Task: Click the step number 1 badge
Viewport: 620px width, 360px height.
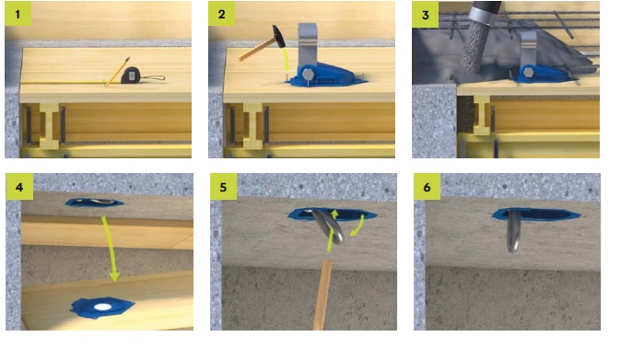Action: [18, 14]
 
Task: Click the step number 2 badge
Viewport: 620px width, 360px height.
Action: [222, 14]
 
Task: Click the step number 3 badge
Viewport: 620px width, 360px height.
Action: [426, 14]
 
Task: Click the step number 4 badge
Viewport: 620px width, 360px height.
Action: [19, 186]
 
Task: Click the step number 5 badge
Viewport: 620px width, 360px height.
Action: [224, 186]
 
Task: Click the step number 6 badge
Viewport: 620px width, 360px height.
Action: [427, 186]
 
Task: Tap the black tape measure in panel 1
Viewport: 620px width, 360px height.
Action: [131, 75]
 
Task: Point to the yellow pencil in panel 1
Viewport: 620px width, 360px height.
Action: [117, 71]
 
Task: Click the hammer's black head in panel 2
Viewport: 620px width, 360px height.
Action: [278, 36]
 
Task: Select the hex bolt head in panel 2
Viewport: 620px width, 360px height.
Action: [308, 75]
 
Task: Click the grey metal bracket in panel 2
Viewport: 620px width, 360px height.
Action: [308, 44]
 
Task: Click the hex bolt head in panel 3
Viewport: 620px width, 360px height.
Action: [528, 73]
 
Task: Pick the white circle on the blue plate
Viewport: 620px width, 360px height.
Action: [103, 307]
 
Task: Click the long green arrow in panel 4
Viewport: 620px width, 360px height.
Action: [111, 249]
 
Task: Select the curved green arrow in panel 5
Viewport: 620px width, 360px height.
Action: [358, 226]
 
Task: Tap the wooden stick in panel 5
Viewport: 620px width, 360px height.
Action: [323, 295]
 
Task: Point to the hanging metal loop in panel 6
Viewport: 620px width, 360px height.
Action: [514, 231]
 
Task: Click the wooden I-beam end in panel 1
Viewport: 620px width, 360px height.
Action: [50, 125]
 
